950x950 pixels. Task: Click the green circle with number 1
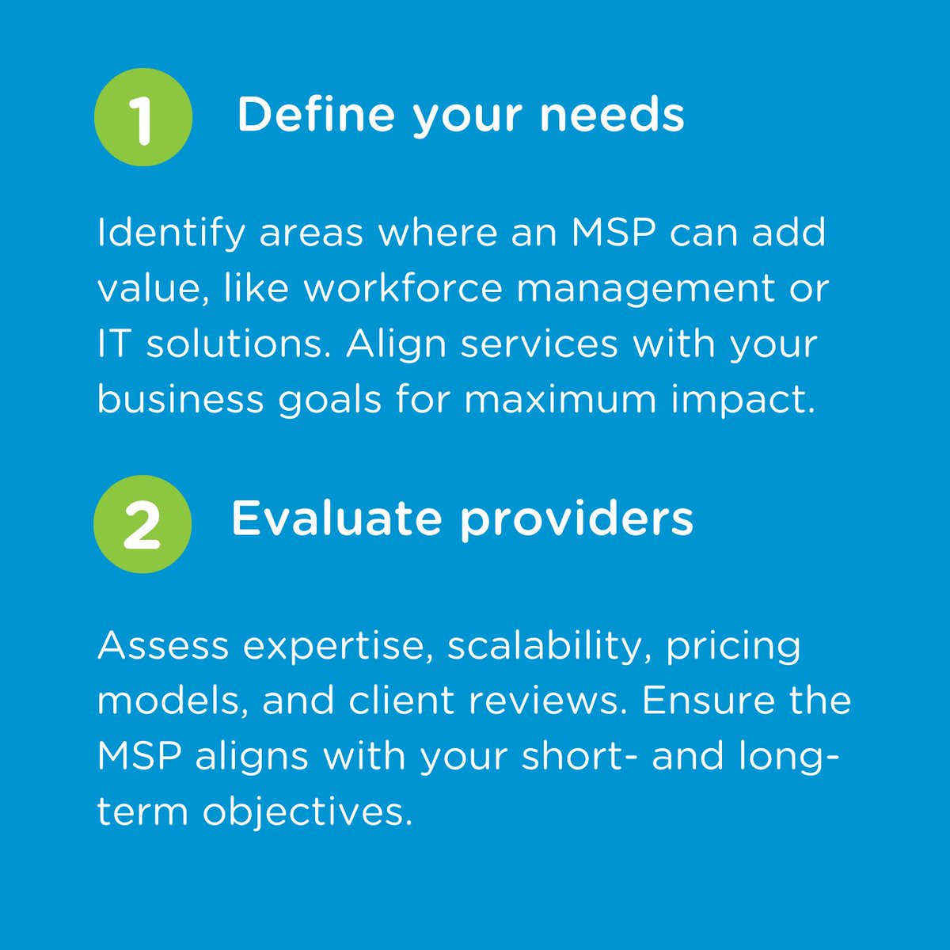coord(142,117)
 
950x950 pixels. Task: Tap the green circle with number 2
coord(142,524)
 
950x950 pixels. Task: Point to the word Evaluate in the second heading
coord(336,519)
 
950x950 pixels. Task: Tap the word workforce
coord(403,288)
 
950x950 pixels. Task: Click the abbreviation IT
coord(114,344)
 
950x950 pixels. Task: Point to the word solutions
coord(238,344)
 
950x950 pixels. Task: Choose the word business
coord(180,399)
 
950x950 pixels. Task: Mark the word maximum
coord(560,399)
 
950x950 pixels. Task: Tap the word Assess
coord(163,646)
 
